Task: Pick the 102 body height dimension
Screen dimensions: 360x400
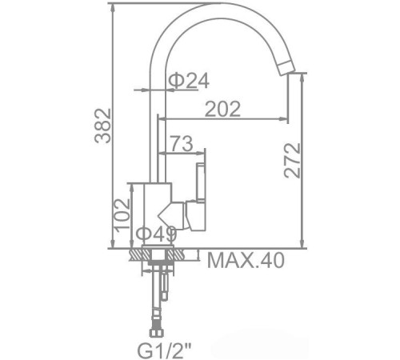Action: tap(120, 215)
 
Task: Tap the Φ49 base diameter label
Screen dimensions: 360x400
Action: tap(156, 234)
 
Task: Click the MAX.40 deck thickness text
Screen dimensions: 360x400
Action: tap(245, 260)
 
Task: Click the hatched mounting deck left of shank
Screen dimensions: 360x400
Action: tap(138, 254)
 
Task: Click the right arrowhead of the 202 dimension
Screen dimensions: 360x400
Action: tap(285, 120)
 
